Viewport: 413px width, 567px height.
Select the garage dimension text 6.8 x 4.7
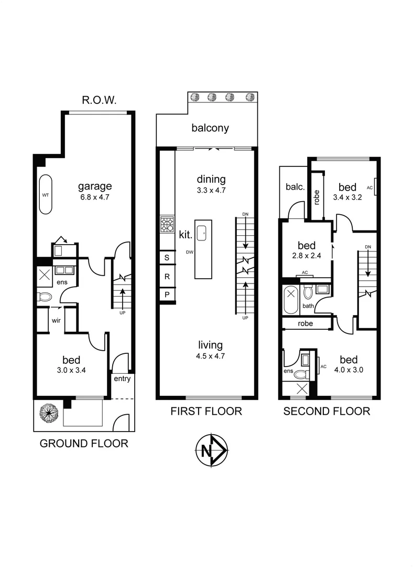pyautogui.click(x=95, y=197)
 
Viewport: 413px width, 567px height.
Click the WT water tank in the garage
pyautogui.click(x=46, y=195)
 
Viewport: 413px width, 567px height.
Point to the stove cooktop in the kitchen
pyautogui.click(x=167, y=225)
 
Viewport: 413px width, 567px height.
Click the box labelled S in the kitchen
pyautogui.click(x=167, y=257)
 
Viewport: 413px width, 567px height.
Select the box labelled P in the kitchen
pyautogui.click(x=167, y=295)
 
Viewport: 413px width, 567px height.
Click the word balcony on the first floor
pyautogui.click(x=210, y=128)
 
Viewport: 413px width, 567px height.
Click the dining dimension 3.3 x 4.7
pyautogui.click(x=211, y=191)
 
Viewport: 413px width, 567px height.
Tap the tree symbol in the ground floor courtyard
pyautogui.click(x=48, y=413)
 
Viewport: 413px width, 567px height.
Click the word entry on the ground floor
pyautogui.click(x=121, y=379)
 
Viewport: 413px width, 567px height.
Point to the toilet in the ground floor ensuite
pyautogui.click(x=45, y=297)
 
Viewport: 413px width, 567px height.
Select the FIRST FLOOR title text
pyautogui.click(x=206, y=411)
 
